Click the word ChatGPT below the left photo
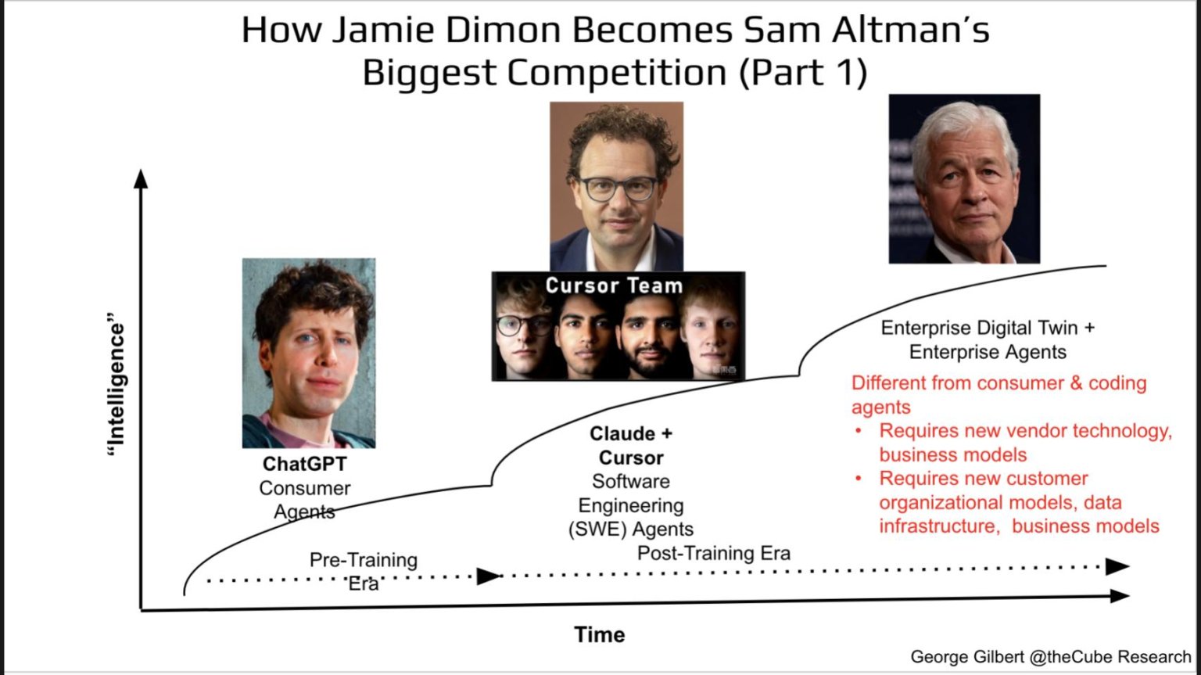304,464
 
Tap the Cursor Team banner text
614,285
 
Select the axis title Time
600,634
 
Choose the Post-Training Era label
713,554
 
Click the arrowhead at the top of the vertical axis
141,179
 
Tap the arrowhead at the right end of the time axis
1120,596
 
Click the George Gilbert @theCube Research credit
1050,657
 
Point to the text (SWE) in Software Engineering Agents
597,530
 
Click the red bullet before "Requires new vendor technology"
859,431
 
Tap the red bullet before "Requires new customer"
859,479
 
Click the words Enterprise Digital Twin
979,328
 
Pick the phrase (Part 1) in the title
802,73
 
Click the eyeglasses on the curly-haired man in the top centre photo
618,188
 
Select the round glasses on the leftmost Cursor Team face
522,325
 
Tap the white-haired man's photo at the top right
964,179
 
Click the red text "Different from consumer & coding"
998,383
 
